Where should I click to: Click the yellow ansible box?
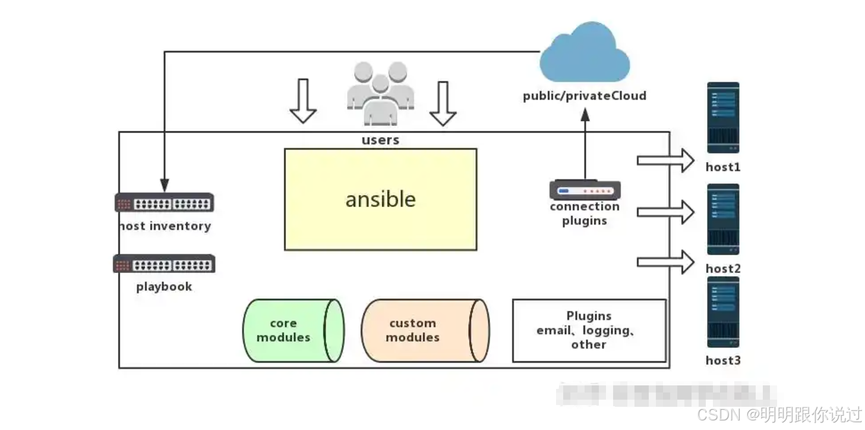(380, 199)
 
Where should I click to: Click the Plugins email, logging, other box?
(589, 330)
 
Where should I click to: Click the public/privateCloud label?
(585, 96)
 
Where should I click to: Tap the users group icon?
(380, 94)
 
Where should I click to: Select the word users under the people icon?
(380, 140)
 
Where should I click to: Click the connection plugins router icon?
(585, 190)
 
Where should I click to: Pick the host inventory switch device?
(165, 203)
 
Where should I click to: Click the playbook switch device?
(165, 264)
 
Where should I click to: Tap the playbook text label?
(165, 287)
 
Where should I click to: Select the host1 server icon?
(723, 118)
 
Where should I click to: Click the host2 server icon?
(723, 219)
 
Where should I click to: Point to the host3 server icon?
(723, 312)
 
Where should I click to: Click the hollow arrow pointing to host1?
(665, 161)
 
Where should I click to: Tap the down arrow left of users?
(303, 101)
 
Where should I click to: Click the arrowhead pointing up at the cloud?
(585, 114)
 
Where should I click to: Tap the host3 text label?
(723, 360)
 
